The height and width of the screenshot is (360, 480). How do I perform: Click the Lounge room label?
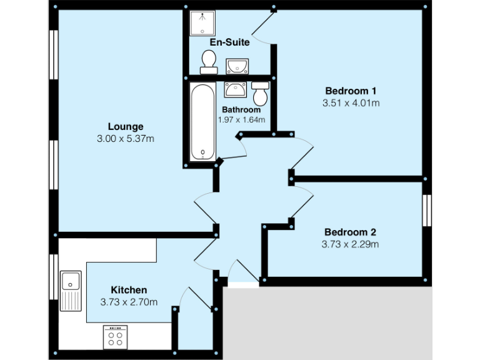(x=125, y=126)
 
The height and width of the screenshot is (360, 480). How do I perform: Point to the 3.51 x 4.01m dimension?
(x=351, y=102)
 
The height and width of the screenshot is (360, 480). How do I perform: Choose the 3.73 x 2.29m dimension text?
(x=351, y=244)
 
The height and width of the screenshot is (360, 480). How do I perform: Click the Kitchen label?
(x=129, y=290)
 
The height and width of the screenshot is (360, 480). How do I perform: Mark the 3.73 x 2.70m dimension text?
(x=129, y=302)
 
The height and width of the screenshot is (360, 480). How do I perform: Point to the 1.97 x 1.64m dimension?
(x=241, y=119)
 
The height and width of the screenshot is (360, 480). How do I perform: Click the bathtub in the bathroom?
(x=201, y=122)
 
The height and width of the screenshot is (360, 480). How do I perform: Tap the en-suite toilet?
(x=208, y=61)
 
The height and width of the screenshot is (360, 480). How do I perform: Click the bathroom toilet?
(x=260, y=94)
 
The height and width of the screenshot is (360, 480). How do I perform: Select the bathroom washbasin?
(x=236, y=89)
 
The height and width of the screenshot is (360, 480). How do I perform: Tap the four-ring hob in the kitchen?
(x=115, y=337)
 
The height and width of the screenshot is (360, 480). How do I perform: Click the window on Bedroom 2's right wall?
(x=427, y=211)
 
